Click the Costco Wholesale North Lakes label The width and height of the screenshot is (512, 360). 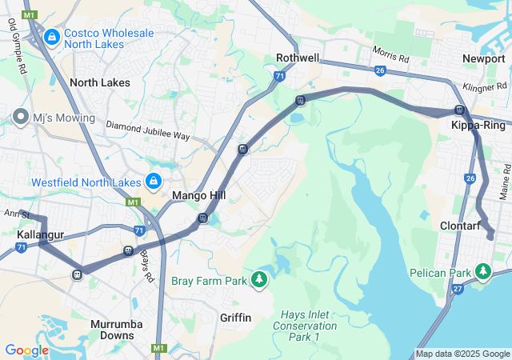click(109, 38)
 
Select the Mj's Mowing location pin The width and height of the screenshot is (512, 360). click(21, 118)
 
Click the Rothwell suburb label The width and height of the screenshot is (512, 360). click(298, 58)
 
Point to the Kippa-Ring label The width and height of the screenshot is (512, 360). click(478, 126)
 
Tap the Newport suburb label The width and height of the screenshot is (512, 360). click(483, 58)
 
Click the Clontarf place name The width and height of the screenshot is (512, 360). click(460, 226)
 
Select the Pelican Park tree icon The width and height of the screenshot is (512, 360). click(483, 273)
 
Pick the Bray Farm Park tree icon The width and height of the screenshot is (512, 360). click(258, 280)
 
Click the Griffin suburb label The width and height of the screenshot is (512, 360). click(236, 318)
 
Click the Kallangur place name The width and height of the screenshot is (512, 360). click(41, 235)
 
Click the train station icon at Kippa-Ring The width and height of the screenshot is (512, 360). click(459, 110)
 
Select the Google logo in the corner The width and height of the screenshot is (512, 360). click(26, 350)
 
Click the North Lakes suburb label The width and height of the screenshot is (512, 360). click(99, 82)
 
